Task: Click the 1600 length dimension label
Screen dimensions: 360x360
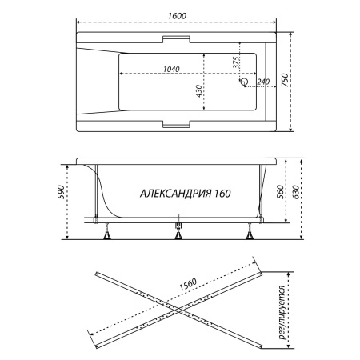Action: (177, 15)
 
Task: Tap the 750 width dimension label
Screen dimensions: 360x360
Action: (285, 80)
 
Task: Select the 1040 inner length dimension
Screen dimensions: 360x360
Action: (171, 69)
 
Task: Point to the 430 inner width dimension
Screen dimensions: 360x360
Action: (198, 91)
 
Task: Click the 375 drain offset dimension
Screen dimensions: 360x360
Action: (236, 62)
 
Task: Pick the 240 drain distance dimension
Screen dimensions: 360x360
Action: (263, 82)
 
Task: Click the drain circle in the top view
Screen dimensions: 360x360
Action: (244, 82)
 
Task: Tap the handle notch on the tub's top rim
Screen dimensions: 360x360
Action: (176, 39)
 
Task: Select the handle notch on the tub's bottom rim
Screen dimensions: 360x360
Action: (176, 124)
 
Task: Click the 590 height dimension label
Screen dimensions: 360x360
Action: (61, 191)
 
